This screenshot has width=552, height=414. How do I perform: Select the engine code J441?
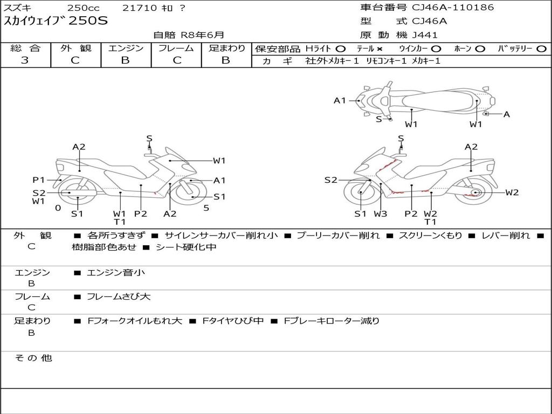[425, 35]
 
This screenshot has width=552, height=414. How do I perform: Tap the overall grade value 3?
[25, 60]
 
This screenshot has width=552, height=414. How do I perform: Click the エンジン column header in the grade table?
[126, 49]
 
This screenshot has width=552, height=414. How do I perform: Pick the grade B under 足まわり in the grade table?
[226, 60]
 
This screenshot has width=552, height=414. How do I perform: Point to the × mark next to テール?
[380, 49]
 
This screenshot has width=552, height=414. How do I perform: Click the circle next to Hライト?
[340, 49]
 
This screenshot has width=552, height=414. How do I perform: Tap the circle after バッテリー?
[541, 49]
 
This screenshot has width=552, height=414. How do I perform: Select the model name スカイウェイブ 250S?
[56, 21]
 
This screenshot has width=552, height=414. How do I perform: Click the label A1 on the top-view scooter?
[340, 100]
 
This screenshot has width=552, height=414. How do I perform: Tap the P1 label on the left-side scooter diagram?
[38, 180]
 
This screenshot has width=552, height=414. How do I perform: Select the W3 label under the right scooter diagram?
[381, 214]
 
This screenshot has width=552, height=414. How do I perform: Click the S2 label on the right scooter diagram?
[330, 180]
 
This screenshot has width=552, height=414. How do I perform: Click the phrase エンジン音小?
[116, 273]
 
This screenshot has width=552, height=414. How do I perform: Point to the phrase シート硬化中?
[186, 247]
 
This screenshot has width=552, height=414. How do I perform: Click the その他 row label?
[33, 358]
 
